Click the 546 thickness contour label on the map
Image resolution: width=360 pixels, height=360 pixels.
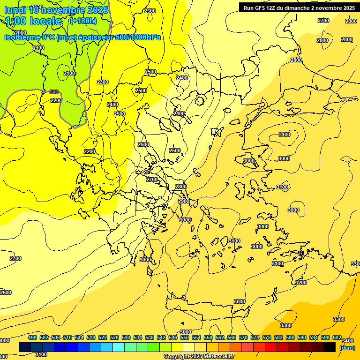54,92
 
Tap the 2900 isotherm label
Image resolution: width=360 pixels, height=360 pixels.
184,201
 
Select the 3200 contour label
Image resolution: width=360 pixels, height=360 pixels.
301,283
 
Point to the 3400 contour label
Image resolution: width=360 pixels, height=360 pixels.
348,341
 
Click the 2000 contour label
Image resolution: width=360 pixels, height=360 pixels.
21,33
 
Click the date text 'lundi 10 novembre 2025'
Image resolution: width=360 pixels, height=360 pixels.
56,9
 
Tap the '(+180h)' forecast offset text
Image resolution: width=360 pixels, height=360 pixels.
83,21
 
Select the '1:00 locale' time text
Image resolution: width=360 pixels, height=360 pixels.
34,21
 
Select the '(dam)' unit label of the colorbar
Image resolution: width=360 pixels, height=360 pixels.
347,347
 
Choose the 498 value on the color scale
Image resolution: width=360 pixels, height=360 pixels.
32,337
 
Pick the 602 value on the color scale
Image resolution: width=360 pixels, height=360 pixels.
337,337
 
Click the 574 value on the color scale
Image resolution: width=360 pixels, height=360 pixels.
255,337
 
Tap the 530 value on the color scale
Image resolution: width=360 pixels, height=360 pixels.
126,337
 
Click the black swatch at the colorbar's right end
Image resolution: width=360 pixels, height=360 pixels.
330,347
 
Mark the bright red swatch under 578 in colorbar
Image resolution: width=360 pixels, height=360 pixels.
271,347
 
